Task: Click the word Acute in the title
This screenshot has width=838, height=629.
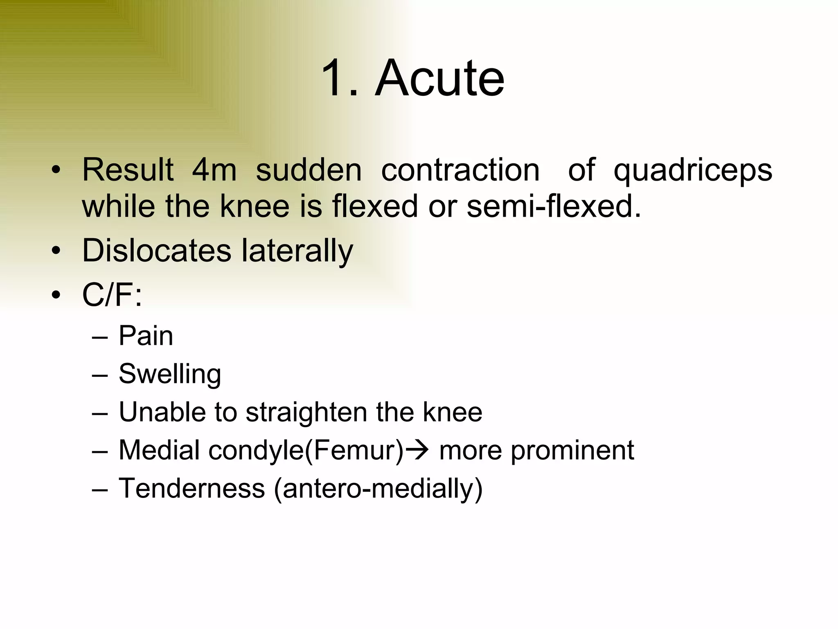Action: point(439,78)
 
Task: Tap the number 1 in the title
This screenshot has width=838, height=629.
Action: point(334,78)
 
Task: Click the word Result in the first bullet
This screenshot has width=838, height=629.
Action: point(128,170)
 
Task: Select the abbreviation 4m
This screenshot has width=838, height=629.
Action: point(214,170)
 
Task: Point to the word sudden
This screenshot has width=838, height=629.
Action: point(309,170)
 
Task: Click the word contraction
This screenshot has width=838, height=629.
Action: point(460,170)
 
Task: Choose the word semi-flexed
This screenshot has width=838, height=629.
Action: point(554,206)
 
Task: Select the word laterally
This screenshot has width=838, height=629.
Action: point(297,251)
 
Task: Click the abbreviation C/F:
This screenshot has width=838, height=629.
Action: point(112,294)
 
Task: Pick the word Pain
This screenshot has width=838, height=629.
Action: point(146,336)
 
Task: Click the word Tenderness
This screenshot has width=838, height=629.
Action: point(192,488)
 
